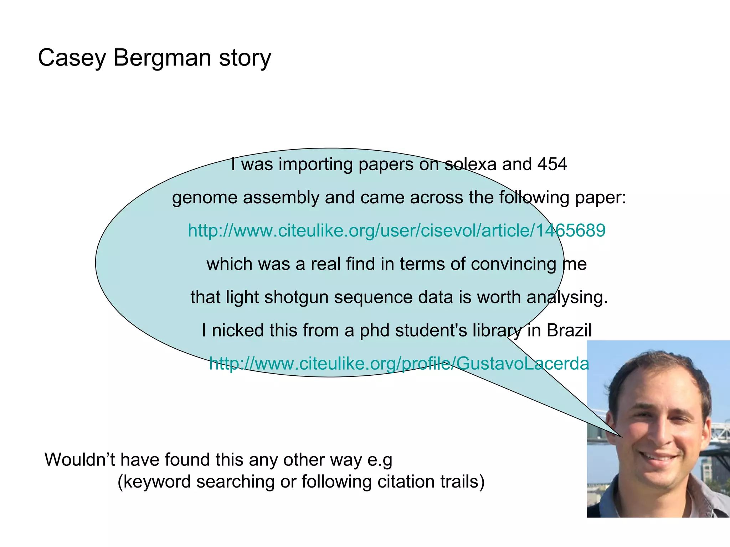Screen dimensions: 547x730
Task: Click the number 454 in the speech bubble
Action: [x=552, y=164]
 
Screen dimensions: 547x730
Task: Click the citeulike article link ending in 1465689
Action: [x=396, y=230]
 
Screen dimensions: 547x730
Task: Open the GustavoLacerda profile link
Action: [x=399, y=364]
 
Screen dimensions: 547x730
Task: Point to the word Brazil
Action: [x=569, y=330]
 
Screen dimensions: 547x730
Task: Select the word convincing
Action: [x=513, y=264]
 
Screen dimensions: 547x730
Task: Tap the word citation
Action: [x=406, y=481]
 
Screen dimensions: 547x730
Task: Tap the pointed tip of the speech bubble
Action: [x=622, y=437]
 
